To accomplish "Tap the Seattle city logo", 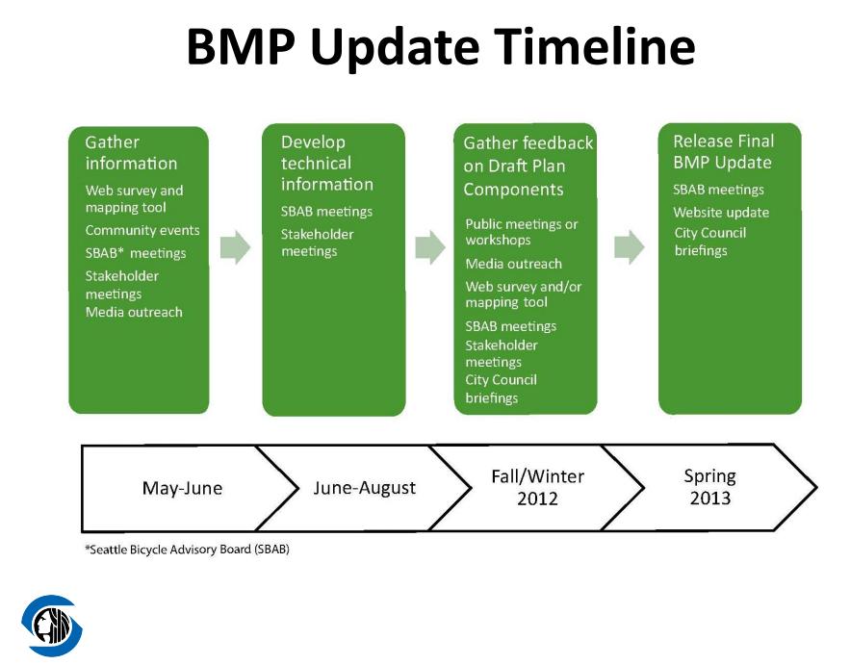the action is [52, 626].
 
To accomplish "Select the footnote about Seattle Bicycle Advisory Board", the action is [187, 550].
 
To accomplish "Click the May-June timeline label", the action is [182, 488].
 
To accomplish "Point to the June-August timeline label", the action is [364, 488].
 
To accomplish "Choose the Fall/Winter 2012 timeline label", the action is [537, 487].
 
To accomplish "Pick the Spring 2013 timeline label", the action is [709, 487].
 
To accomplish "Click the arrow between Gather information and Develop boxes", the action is [235, 247].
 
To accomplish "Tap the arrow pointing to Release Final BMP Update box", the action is [630, 247].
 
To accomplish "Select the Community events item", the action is [142, 230].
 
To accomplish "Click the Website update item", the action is [721, 213].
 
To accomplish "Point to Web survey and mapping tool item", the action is [134, 199].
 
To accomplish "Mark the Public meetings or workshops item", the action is [522, 232].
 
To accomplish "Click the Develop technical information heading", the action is [327, 164].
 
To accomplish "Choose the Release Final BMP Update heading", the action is [723, 152].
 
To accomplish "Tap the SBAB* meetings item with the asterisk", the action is [136, 253].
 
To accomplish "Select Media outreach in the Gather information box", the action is [134, 312].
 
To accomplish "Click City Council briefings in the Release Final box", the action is [710, 242].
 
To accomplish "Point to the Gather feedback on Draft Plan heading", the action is [528, 166].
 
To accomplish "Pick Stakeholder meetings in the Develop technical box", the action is [317, 243].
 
